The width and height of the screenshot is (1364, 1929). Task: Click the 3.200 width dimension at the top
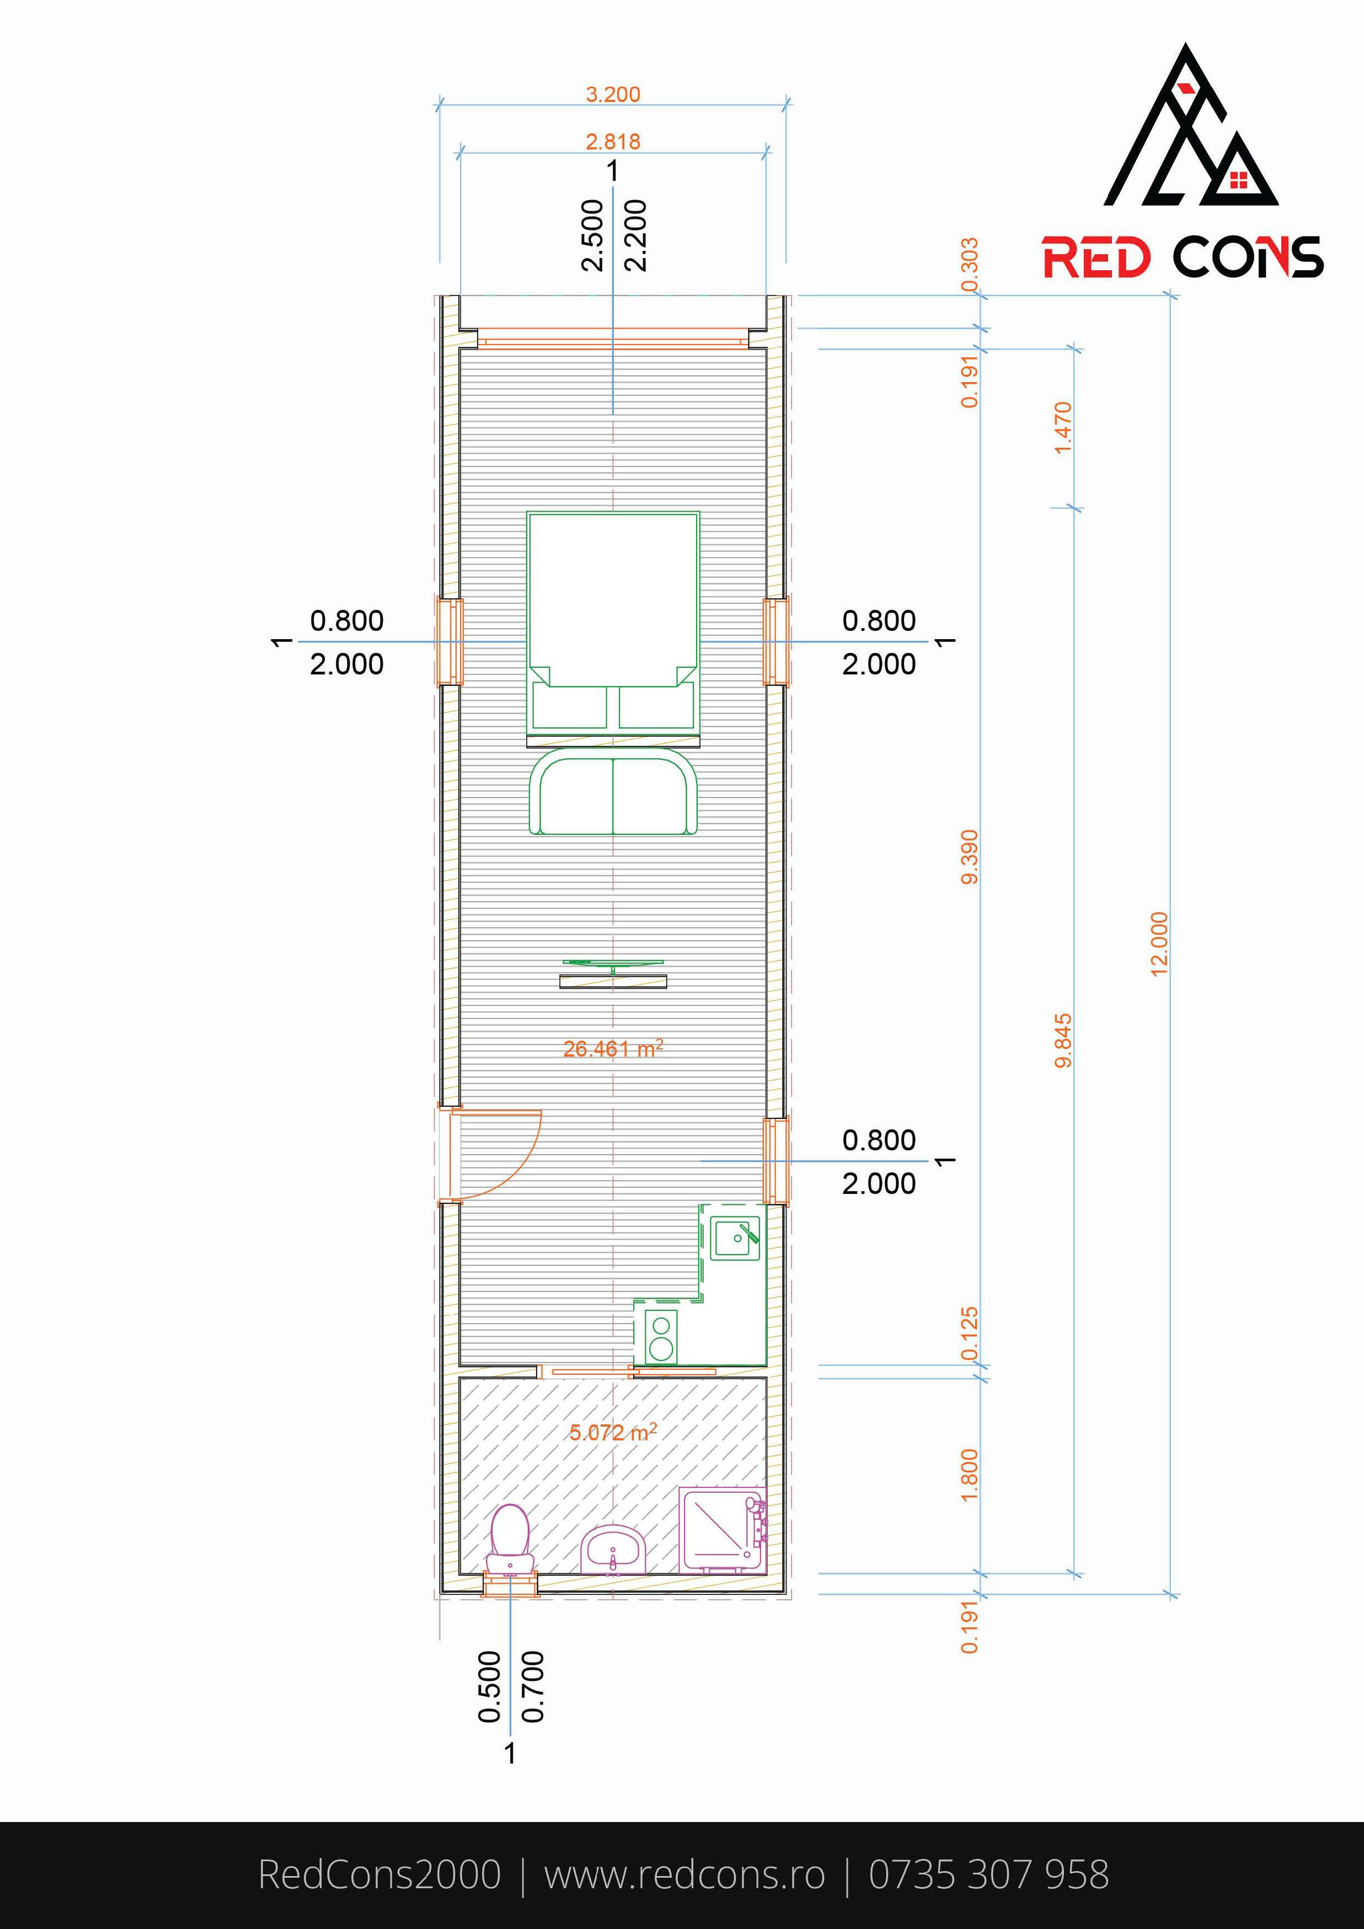pyautogui.click(x=613, y=94)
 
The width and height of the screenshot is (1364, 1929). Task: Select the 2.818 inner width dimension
pyautogui.click(x=613, y=141)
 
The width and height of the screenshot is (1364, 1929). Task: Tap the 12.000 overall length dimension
pyautogui.click(x=1159, y=944)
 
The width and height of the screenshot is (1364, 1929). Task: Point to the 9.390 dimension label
pyautogui.click(x=970, y=857)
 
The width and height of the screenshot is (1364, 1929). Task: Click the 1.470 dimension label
pyautogui.click(x=1063, y=427)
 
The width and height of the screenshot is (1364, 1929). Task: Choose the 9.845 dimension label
pyautogui.click(x=1063, y=1040)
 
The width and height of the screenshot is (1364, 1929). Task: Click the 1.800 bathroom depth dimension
pyautogui.click(x=970, y=1475)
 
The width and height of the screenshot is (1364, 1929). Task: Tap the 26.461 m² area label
pyautogui.click(x=613, y=1048)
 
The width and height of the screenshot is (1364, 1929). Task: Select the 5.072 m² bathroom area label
pyautogui.click(x=613, y=1432)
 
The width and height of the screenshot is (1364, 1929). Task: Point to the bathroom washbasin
pyautogui.click(x=613, y=1548)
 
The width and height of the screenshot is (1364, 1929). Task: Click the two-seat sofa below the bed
pyautogui.click(x=613, y=793)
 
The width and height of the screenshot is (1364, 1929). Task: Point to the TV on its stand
pyautogui.click(x=613, y=974)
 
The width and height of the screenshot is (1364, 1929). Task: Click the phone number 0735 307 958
pyautogui.click(x=988, y=1875)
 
